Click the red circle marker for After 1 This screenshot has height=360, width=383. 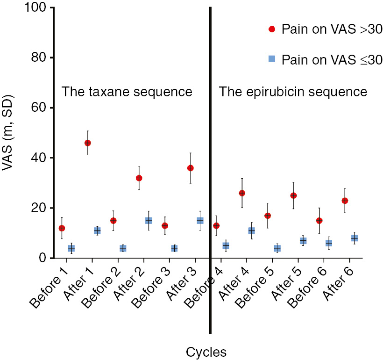[87, 143]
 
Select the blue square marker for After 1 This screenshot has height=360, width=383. [97, 230]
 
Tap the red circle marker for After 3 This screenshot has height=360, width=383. [190, 168]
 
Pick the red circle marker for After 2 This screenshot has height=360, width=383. [139, 178]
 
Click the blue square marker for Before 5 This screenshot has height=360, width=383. [277, 248]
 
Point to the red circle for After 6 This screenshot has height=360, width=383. [345, 201]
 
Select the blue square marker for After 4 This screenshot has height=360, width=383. [251, 230]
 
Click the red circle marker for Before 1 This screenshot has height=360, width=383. [62, 228]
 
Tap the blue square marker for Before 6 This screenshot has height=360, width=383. [328, 243]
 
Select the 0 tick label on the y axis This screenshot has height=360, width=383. [42, 258]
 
